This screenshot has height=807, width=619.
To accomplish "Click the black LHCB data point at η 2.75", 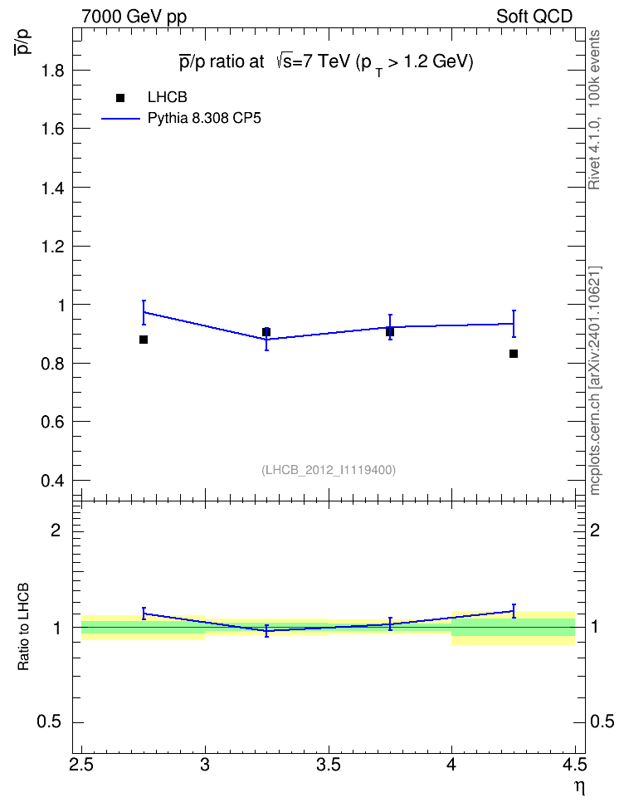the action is pyautogui.click(x=144, y=340).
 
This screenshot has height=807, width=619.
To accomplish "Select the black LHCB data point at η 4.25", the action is pyautogui.click(x=514, y=354).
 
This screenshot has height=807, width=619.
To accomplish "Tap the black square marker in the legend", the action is pyautogui.click(x=120, y=98).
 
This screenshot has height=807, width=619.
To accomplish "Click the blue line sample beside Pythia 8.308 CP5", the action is pyautogui.click(x=121, y=119).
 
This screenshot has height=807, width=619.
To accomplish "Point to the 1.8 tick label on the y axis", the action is pyautogui.click(x=52, y=71).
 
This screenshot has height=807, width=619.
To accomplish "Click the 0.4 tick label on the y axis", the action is pyautogui.click(x=52, y=481).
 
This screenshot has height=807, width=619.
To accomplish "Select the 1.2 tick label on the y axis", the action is pyautogui.click(x=52, y=247).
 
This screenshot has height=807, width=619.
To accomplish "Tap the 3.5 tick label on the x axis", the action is pyautogui.click(x=329, y=765).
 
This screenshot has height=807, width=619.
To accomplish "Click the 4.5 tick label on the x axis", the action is pyautogui.click(x=574, y=765).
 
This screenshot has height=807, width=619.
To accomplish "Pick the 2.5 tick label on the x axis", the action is pyautogui.click(x=82, y=765).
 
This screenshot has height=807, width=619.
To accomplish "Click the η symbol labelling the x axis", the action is pyautogui.click(x=580, y=787).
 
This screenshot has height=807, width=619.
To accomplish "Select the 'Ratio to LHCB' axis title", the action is pyautogui.click(x=23, y=627).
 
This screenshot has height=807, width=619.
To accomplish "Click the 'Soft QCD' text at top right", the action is pyautogui.click(x=534, y=17).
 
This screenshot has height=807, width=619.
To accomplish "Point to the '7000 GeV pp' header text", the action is pyautogui.click(x=134, y=17).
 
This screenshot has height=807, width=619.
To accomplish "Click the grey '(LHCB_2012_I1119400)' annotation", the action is pyautogui.click(x=329, y=470).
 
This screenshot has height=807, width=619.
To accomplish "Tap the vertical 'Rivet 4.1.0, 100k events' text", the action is pyautogui.click(x=594, y=110).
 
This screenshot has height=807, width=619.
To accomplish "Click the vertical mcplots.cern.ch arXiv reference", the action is pyautogui.click(x=594, y=380).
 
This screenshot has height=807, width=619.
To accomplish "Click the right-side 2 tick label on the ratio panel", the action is pyautogui.click(x=594, y=530).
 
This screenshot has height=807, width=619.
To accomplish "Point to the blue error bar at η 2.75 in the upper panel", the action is pyautogui.click(x=144, y=312).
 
